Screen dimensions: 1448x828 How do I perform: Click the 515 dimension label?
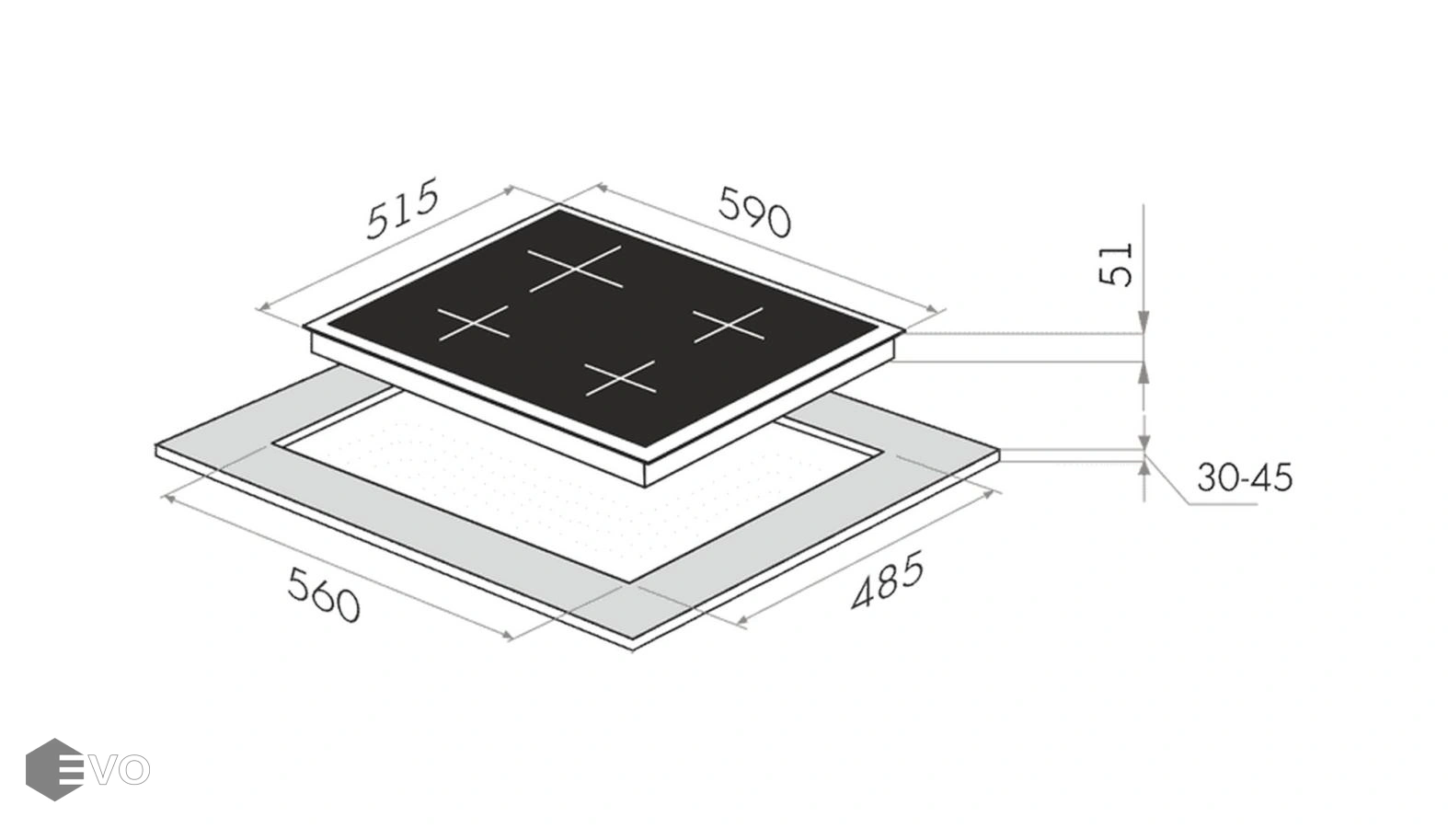click(402, 208)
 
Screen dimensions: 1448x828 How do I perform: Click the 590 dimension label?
click(754, 212)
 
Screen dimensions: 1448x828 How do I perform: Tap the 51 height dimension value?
click(1117, 264)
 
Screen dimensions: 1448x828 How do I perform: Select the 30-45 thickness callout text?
click(1245, 477)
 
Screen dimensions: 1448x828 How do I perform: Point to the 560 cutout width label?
click(323, 594)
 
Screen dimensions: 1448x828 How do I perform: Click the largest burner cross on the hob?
click(575, 269)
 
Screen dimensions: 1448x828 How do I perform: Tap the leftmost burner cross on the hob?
click(473, 323)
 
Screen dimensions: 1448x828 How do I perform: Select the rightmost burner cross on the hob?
click(729, 325)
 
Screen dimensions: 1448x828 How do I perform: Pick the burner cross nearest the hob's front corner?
click(620, 378)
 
